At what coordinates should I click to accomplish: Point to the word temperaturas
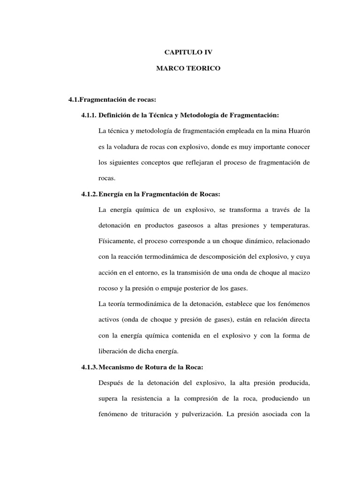coord(287,226)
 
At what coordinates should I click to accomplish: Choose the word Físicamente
coord(115,242)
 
